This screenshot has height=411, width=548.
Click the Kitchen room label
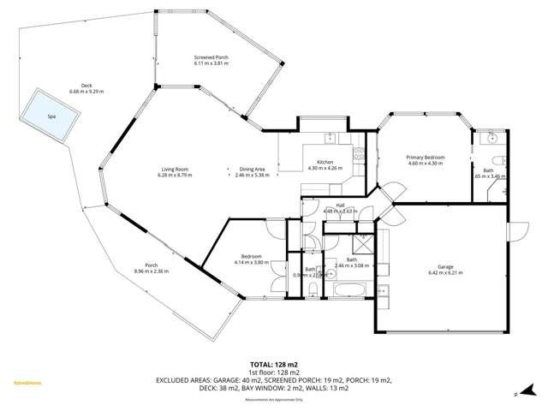point(325,164)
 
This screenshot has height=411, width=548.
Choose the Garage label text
point(445,270)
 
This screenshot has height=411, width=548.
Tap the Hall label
point(340,206)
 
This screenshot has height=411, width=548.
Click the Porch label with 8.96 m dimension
point(152,268)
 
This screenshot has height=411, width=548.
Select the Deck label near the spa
point(86,86)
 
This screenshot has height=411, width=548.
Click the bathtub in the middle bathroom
point(352,292)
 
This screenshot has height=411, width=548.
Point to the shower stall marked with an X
point(363,242)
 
